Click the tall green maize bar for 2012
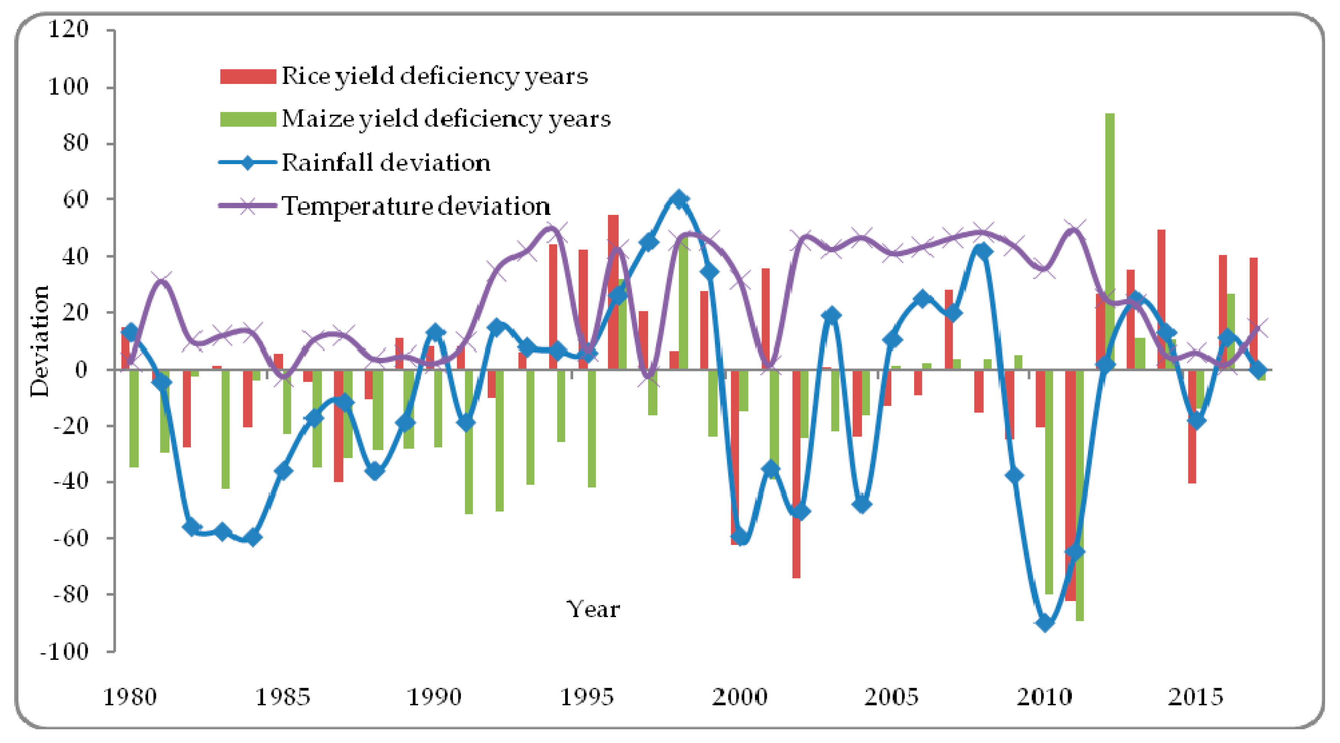pos(1110,239)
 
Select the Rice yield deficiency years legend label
pos(434,76)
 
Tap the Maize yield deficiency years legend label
pos(446,119)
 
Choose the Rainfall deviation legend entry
pos(385,163)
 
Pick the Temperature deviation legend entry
pos(415,206)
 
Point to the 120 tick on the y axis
pos(69,29)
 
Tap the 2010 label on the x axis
pos(1044,697)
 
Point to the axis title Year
pos(593,609)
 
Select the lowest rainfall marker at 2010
pos(1045,622)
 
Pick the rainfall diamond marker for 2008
pos(983,251)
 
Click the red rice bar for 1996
pos(613,291)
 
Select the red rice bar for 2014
pos(1161,299)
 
